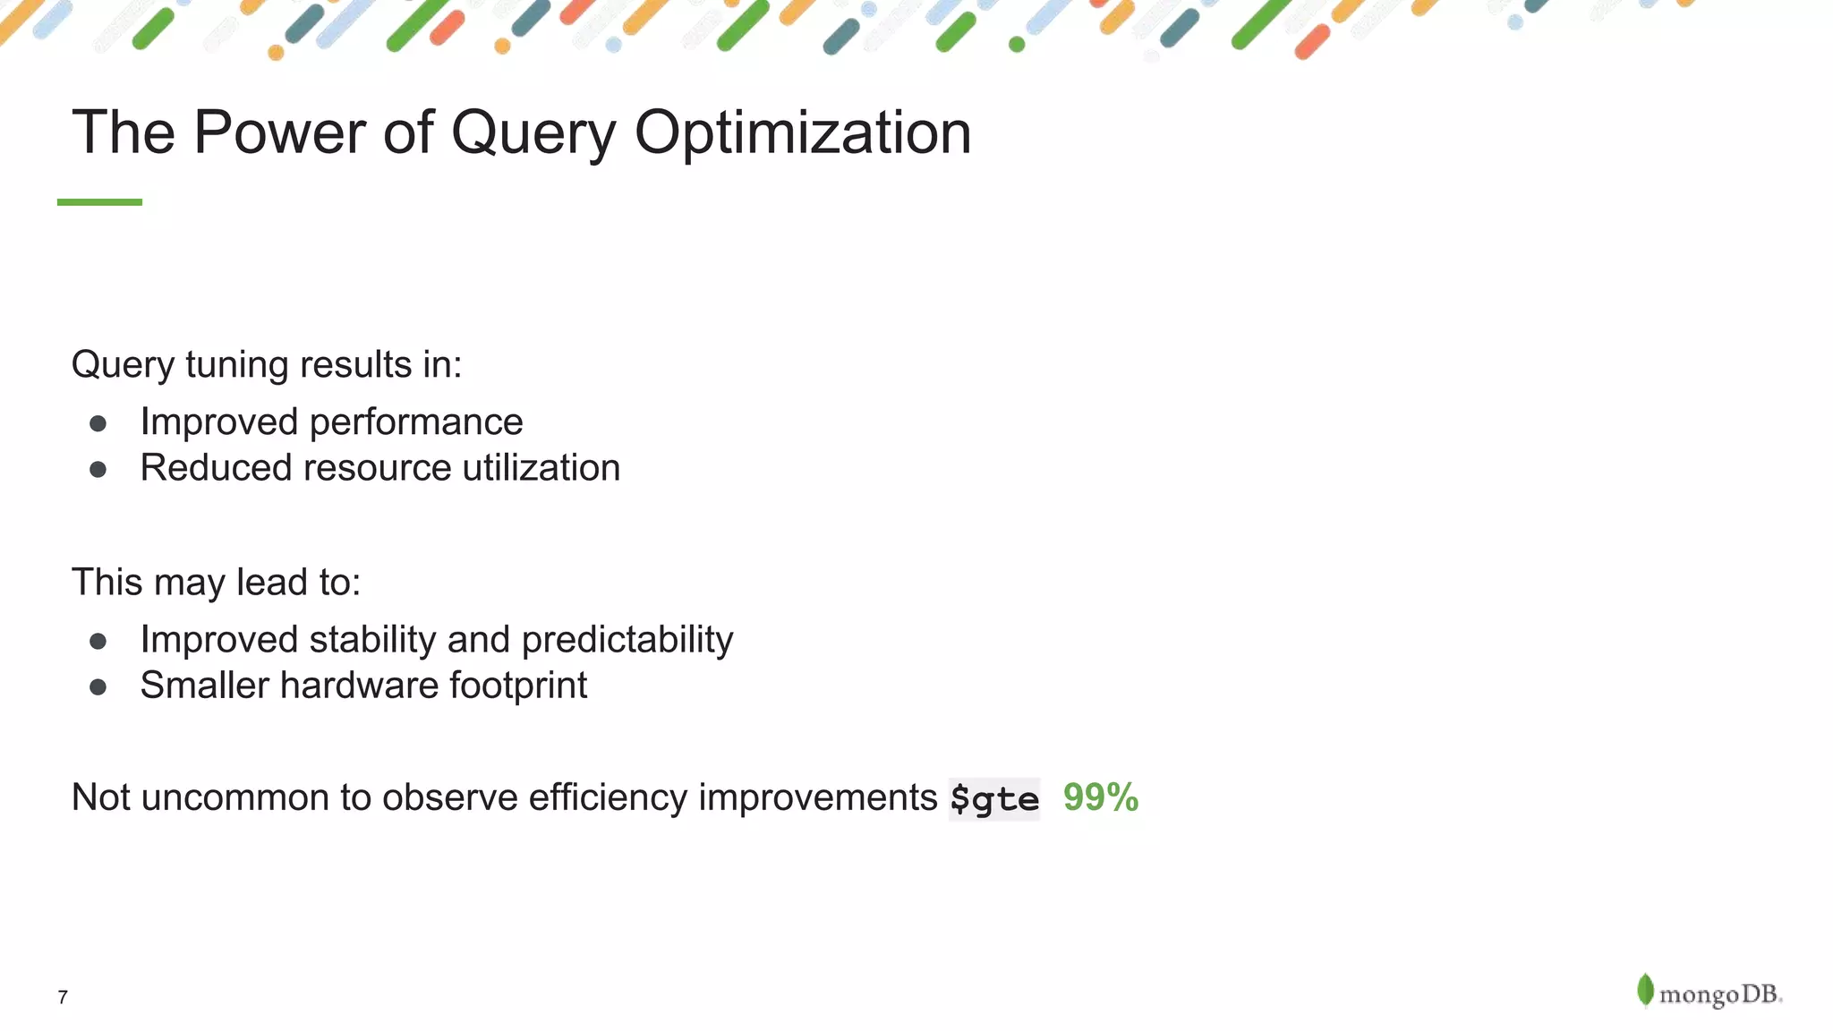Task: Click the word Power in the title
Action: coord(278,132)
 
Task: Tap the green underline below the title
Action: coord(99,202)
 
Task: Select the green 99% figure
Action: coord(1100,797)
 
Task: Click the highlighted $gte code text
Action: coord(994,798)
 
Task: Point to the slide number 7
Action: coord(63,997)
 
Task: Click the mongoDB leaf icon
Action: coord(1644,990)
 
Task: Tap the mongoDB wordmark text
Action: coord(1719,994)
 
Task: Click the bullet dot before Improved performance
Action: coord(98,423)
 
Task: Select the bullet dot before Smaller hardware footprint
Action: coord(98,687)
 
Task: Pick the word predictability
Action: coord(627,640)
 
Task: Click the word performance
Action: coord(415,422)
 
